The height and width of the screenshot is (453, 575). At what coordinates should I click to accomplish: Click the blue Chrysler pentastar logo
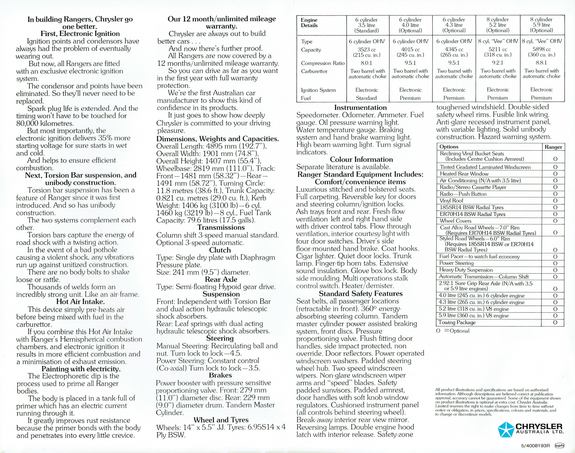(506, 429)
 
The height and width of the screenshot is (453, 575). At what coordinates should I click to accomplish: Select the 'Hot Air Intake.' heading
(80, 302)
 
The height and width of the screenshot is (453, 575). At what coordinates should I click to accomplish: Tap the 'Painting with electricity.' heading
(81, 369)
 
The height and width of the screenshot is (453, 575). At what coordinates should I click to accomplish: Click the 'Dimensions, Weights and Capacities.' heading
(218, 139)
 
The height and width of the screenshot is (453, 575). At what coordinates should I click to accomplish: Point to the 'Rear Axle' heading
(221, 279)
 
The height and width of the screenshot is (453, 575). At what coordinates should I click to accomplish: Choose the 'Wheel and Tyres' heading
(221, 420)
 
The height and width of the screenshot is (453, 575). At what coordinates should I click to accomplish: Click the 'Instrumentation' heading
(360, 108)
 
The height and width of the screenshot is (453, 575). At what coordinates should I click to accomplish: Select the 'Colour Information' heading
(361, 159)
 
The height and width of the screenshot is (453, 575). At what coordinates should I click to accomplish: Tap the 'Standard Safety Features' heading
(360, 294)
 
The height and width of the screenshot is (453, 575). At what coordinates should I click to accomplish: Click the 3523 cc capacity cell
(367, 49)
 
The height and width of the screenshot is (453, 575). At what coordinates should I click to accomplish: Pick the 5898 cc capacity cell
(541, 49)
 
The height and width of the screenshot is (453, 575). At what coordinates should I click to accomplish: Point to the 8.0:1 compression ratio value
(366, 63)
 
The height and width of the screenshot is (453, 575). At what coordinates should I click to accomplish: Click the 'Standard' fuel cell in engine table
(366, 98)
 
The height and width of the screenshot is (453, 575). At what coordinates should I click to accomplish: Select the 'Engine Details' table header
(309, 23)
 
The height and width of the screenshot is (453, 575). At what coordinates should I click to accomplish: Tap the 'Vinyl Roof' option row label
(452, 201)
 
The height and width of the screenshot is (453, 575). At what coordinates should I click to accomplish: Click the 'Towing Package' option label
(457, 323)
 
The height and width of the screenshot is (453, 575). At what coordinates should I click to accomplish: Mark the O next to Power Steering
(555, 263)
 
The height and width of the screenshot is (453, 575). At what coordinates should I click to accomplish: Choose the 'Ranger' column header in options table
(553, 147)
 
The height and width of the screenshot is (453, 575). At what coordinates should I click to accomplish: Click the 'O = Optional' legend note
(453, 331)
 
